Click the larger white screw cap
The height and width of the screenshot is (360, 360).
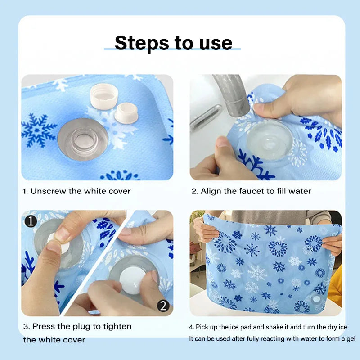pos(104,96)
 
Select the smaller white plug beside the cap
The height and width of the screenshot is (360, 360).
pos(126,113)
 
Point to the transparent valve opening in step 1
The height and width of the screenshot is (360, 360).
pos(83,139)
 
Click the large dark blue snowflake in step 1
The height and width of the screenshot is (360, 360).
pos(39,130)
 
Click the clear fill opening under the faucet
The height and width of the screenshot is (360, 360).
pos(270,140)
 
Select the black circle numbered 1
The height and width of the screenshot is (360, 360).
pos(31,221)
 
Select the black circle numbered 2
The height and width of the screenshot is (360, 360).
pos(163,306)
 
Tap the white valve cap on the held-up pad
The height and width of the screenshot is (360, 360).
pos(316,299)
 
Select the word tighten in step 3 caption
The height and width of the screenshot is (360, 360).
pos(117,327)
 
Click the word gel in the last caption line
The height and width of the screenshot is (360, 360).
pos(351,339)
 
